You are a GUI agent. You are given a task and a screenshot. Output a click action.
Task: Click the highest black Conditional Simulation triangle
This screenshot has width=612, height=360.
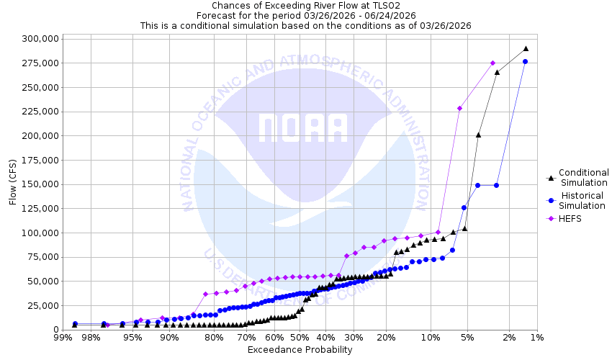click(x=526, y=49)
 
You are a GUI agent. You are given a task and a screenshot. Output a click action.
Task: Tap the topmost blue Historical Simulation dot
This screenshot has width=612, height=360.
click(x=526, y=62)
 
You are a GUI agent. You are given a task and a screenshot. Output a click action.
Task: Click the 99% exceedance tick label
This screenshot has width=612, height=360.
click(x=63, y=338)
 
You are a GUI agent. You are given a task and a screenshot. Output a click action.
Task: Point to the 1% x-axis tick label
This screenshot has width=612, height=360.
click(x=536, y=338)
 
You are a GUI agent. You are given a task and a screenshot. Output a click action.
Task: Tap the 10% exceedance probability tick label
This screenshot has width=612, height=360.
click(x=431, y=338)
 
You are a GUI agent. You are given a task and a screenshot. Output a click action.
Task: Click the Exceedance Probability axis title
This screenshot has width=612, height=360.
click(x=300, y=350)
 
